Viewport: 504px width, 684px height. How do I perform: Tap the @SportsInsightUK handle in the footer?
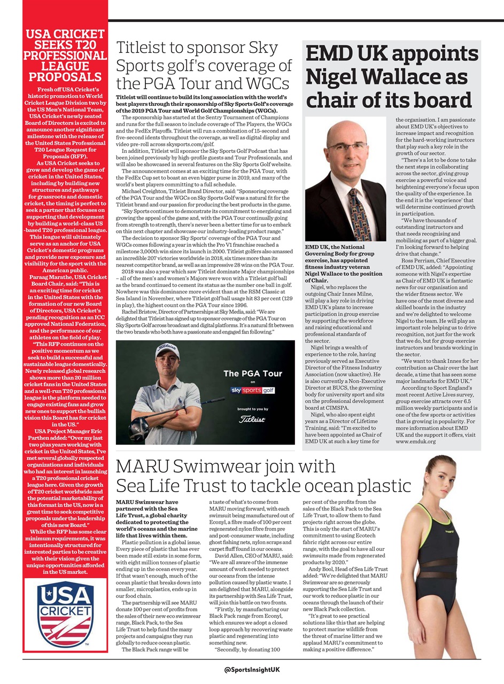pyautogui.click(x=252, y=670)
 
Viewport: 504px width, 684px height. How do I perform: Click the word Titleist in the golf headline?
pyautogui.click(x=147, y=49)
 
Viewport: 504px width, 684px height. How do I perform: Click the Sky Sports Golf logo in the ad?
pyautogui.click(x=252, y=390)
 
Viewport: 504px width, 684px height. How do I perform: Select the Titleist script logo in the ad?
pyautogui.click(x=252, y=419)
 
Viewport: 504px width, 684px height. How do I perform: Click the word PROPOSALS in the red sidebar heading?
pyautogui.click(x=65, y=76)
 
